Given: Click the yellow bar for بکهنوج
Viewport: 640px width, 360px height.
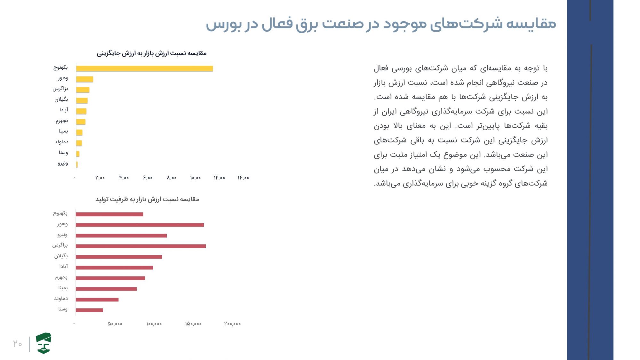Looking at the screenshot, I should point(144,68).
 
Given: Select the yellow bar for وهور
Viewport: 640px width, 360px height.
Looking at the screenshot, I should point(84,79).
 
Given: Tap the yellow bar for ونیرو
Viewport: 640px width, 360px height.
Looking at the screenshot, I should point(77,164).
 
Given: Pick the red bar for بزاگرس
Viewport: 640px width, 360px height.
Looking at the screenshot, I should point(140,246).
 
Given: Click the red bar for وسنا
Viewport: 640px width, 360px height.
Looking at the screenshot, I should point(89,310).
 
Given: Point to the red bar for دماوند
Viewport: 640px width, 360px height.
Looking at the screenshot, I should point(97,300).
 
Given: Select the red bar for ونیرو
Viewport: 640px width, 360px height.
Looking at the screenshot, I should point(121,236).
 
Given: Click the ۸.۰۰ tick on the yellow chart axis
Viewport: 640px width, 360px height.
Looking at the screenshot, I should point(172,178).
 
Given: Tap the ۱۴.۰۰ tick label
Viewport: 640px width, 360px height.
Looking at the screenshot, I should point(243,178).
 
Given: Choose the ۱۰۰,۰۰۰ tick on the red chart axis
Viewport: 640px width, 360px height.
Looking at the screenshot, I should point(154,324).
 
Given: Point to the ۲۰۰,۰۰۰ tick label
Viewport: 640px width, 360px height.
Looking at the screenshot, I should point(232,324).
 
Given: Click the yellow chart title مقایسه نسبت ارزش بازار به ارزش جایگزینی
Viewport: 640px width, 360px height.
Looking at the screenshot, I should point(152,53).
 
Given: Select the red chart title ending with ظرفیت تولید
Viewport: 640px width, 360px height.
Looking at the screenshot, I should point(147,199).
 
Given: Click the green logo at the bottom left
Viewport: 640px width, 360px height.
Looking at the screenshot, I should point(44,343).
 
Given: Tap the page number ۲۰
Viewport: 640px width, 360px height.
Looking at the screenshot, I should point(18,344).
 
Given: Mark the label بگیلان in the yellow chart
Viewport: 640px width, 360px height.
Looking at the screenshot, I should point(61,100).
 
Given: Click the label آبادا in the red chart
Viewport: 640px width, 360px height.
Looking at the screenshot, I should point(63,267).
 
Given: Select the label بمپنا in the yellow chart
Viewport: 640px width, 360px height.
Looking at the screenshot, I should point(63,131).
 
